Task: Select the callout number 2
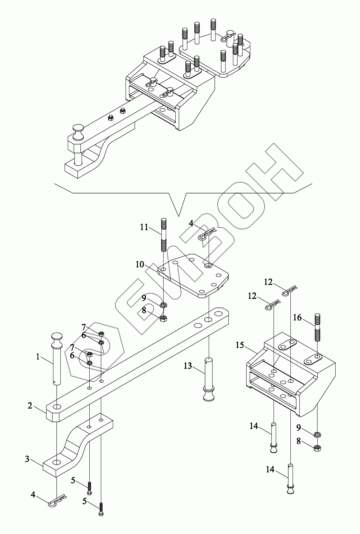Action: pyautogui.click(x=30, y=406)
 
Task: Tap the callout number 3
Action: pyautogui.click(x=27, y=459)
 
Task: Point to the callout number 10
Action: pyautogui.click(x=139, y=264)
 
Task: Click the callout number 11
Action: pyautogui.click(x=144, y=227)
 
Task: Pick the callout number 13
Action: pyautogui.click(x=188, y=366)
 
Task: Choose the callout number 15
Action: pyautogui.click(x=240, y=345)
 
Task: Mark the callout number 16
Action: pyautogui.click(x=297, y=318)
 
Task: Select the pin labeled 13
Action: pyautogui.click(x=208, y=380)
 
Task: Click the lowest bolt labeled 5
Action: pyautogui.click(x=101, y=509)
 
